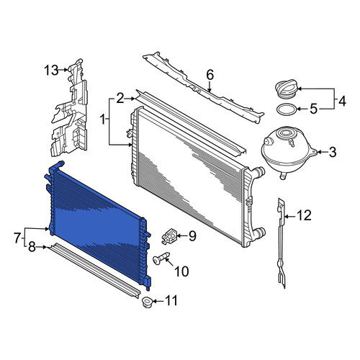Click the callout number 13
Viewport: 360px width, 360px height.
51,71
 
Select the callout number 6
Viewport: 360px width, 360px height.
210,75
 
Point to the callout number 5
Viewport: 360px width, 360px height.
314,109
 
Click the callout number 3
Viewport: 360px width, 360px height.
333,152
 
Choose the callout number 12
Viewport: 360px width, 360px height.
304,215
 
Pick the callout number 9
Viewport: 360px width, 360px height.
192,236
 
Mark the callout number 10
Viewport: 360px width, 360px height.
181,271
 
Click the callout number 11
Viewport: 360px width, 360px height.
171,300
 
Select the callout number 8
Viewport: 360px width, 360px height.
32,247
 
